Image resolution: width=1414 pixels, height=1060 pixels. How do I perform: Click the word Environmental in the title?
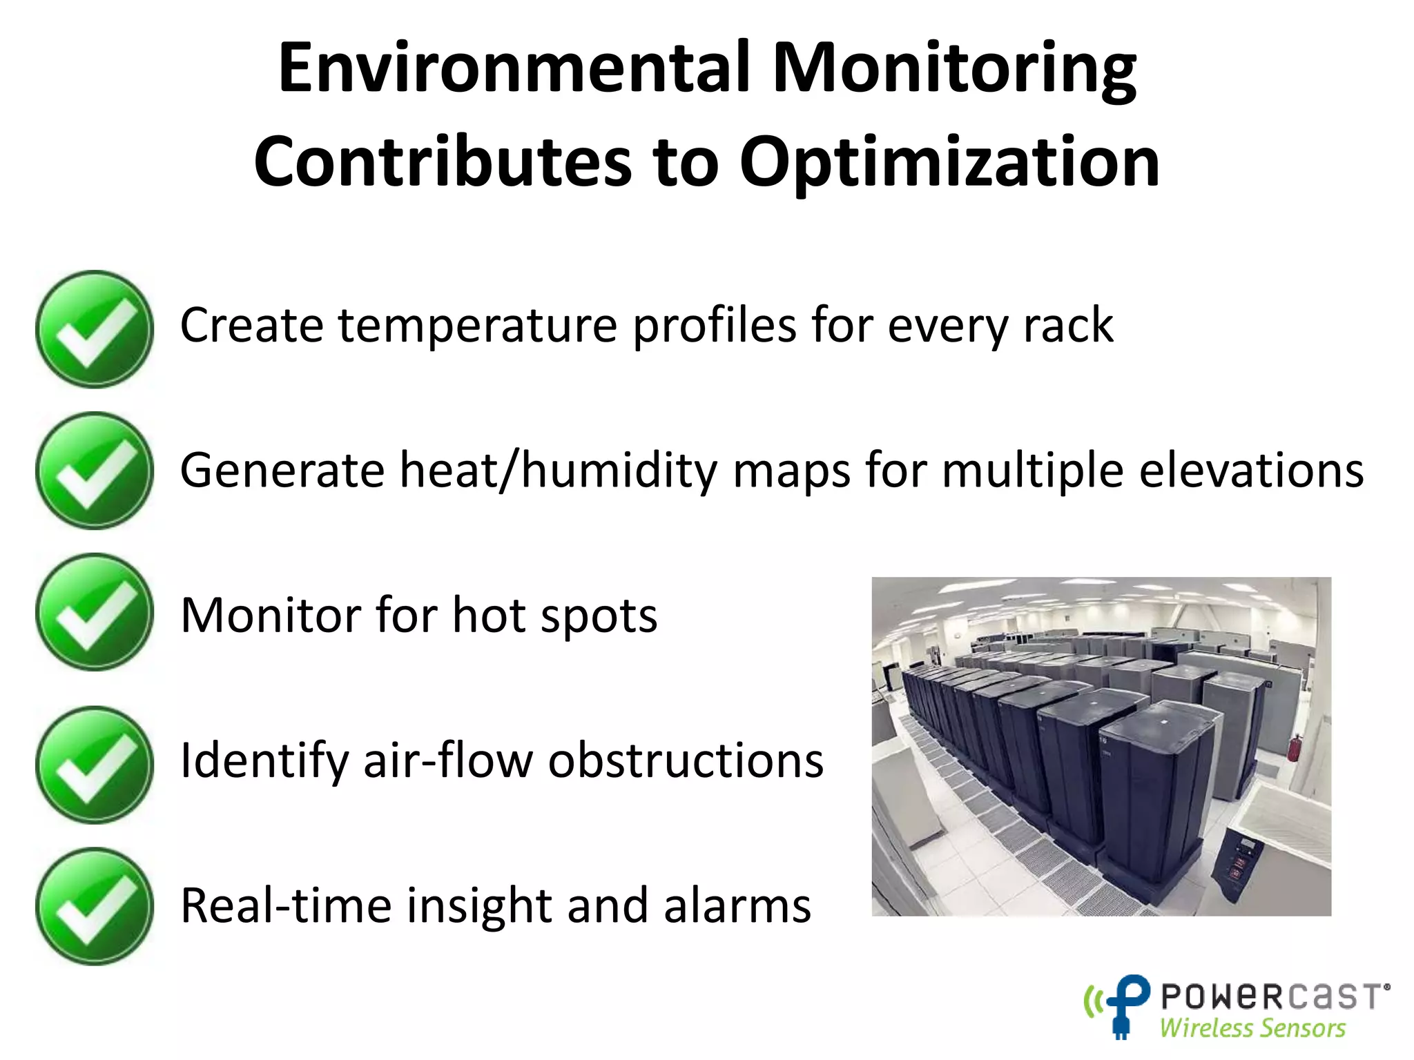pos(514,68)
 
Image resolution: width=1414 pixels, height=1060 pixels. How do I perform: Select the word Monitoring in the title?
pos(954,68)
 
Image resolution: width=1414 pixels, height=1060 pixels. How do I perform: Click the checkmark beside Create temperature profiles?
pos(95,329)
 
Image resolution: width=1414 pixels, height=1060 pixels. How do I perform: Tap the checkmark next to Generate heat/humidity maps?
pos(95,471)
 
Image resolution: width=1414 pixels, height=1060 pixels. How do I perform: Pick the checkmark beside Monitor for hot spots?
pos(95,612)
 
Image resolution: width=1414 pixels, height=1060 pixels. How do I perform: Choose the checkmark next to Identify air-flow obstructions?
pos(95,765)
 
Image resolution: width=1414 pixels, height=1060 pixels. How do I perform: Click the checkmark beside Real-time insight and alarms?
pos(95,906)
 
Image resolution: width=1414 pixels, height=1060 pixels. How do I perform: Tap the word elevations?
pos(1251,471)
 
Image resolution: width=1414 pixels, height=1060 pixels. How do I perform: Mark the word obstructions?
pos(686,760)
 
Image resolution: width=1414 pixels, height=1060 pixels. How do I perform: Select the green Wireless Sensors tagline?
pos(1252,1028)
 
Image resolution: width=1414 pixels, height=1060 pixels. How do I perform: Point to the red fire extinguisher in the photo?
pos(1297,748)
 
